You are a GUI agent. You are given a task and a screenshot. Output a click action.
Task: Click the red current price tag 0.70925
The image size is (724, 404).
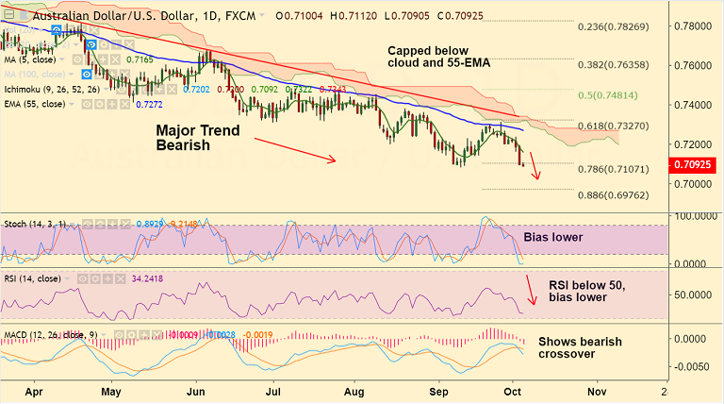click(695, 165)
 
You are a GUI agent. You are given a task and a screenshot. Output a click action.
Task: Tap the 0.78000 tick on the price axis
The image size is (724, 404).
click(694, 25)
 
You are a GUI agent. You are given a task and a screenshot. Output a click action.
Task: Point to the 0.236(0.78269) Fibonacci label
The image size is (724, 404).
click(613, 26)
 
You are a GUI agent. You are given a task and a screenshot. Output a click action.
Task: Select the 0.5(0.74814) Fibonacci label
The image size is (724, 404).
click(613, 96)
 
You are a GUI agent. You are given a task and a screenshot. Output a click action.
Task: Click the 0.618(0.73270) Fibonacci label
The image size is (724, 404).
click(613, 126)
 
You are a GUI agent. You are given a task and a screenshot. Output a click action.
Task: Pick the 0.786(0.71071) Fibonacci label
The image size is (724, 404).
click(613, 170)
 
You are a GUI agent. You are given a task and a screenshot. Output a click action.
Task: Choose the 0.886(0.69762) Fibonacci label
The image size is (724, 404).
click(613, 194)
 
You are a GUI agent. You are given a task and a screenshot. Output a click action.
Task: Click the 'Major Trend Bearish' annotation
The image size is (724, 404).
click(198, 138)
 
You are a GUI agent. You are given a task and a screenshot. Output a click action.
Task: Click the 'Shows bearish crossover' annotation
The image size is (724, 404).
click(580, 347)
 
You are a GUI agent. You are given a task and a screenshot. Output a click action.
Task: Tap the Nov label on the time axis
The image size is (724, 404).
click(596, 389)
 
